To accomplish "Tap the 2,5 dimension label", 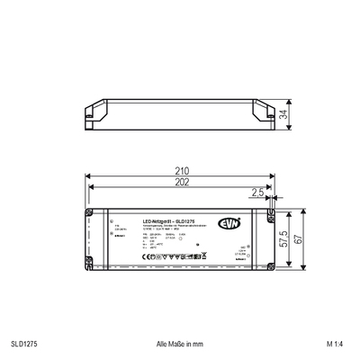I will point(256,193).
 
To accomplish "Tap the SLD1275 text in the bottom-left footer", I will point(24,343).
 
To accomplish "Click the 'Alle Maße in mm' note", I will point(180,343).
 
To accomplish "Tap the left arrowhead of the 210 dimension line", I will point(89,176).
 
